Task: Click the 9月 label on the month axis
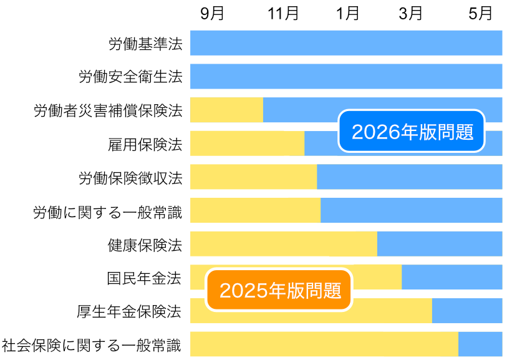212,14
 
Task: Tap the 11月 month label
283,14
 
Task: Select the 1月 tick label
347,14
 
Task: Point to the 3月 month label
411,14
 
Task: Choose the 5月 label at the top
481,14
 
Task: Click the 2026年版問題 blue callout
412,132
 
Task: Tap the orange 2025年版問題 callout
280,290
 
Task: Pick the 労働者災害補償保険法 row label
108,110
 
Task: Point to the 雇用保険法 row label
145,144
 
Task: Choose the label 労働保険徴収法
130,178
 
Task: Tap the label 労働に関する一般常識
108,212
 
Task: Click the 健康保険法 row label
145,245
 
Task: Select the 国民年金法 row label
145,278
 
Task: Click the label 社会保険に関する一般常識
92,345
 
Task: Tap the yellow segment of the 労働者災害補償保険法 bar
226,110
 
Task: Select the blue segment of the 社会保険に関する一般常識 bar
480,344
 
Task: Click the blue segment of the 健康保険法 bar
440,243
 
